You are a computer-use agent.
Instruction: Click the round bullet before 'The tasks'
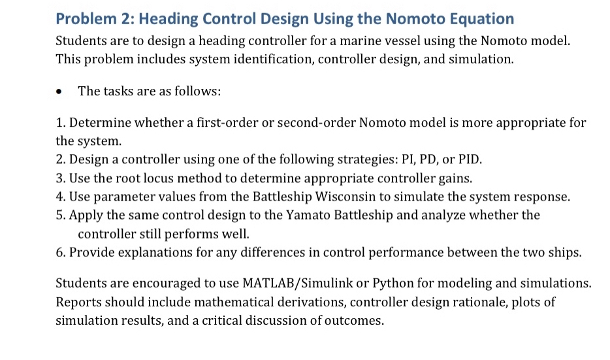point(59,91)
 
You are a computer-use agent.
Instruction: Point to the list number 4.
point(60,196)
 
